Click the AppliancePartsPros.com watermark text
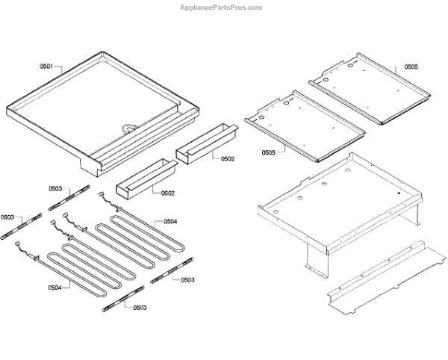coord(223,7)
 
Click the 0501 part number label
coord(46,66)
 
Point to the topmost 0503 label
coord(57,189)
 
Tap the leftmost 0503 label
coord(7,217)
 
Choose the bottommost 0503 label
coord(140,307)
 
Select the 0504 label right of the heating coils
coord(170,221)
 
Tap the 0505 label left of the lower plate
coord(269,152)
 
